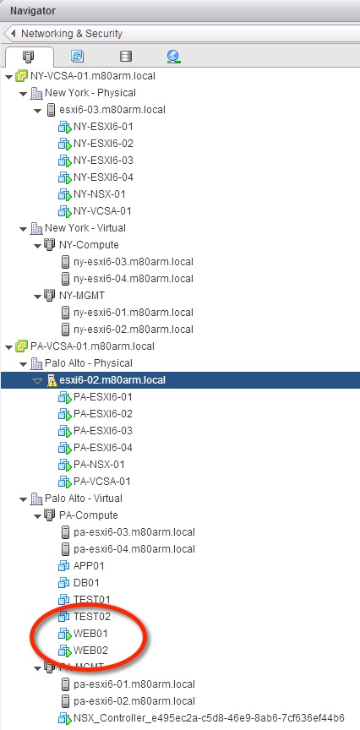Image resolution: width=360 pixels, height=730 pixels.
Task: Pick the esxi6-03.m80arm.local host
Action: coord(107,110)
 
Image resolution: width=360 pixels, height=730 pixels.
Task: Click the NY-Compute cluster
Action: coord(88,245)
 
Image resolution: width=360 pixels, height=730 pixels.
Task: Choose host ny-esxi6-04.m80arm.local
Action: coord(134,279)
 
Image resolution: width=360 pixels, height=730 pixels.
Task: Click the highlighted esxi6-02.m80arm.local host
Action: coord(107,380)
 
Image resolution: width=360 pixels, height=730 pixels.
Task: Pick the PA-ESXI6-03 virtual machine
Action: coord(102,431)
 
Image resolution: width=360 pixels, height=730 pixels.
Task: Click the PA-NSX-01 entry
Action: coord(99,465)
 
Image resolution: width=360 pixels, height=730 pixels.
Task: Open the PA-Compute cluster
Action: coord(88,515)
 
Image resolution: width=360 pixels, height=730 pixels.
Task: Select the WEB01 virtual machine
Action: coord(90,634)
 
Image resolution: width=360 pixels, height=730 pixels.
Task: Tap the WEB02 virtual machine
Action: coord(90,651)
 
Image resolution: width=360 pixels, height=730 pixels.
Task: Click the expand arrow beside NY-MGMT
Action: coord(37,296)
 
